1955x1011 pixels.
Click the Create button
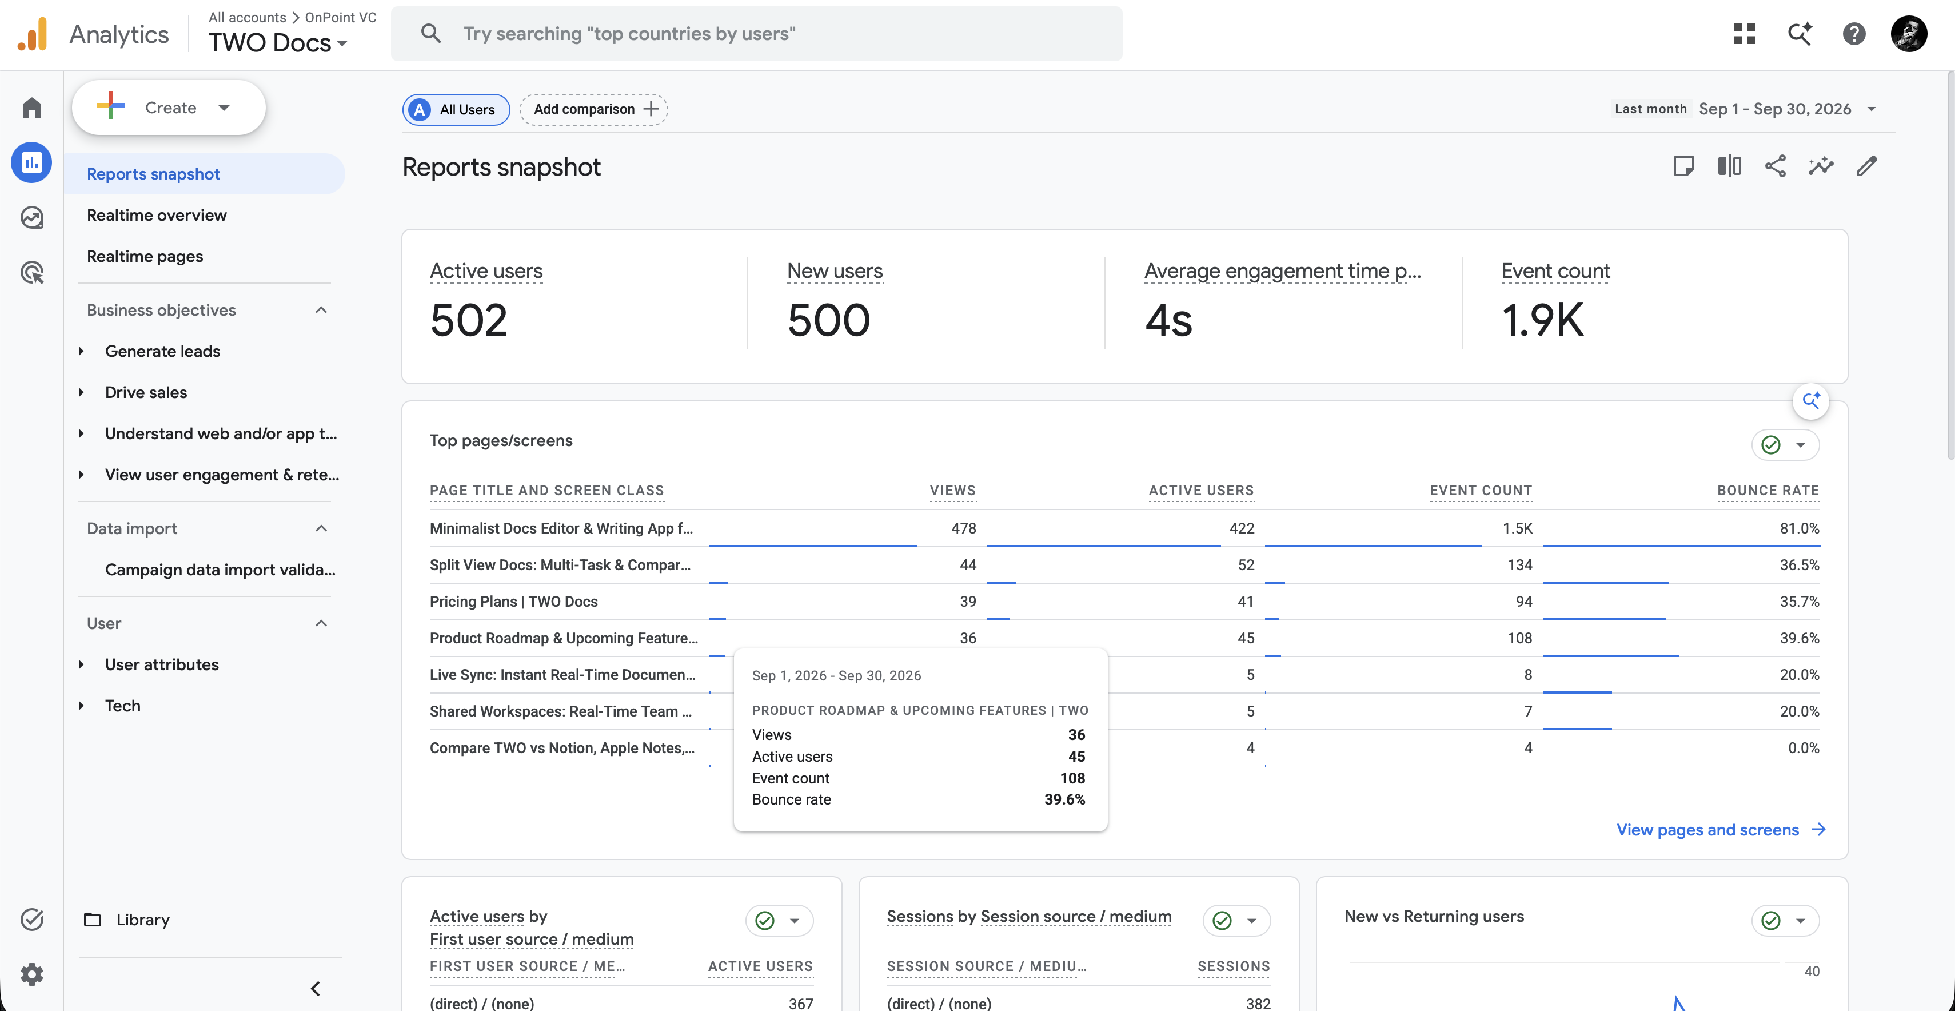click(x=169, y=108)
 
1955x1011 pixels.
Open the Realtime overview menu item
click(x=156, y=215)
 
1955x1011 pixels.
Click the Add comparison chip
click(x=593, y=109)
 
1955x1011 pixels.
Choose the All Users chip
click(x=456, y=109)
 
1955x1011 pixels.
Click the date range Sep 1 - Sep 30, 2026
click(x=1774, y=109)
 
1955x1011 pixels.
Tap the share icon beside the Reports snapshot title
click(x=1775, y=166)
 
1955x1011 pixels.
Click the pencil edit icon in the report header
click(x=1866, y=166)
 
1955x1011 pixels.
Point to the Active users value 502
click(x=468, y=320)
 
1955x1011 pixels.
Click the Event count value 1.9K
click(x=1542, y=320)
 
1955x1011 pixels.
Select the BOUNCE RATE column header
click(x=1768, y=490)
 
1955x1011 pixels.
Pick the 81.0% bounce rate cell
click(x=1800, y=528)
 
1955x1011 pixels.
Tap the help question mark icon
click(x=1853, y=33)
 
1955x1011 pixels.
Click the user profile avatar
click(x=1908, y=33)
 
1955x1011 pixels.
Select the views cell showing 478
click(x=963, y=528)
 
